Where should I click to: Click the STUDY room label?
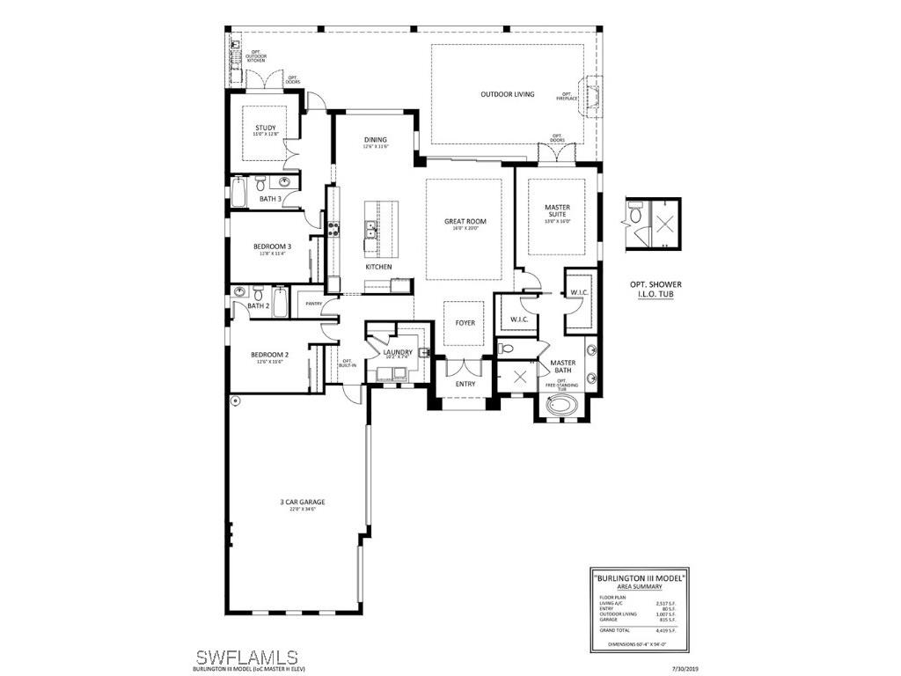265,128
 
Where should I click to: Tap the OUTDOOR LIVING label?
507,94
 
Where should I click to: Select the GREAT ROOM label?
465,222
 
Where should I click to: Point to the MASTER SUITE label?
558,211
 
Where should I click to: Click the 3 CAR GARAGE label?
297,502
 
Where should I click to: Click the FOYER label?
465,323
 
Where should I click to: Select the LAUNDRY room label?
398,352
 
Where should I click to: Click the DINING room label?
376,140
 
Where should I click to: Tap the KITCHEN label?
379,267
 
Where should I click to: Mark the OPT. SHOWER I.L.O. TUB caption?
655,289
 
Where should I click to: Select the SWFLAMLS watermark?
245,657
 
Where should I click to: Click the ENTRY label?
465,384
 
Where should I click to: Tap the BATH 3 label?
270,199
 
